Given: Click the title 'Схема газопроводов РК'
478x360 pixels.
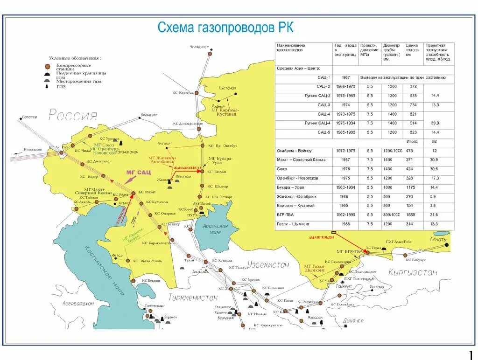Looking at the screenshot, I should [225, 28].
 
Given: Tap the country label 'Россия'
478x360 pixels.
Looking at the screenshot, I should [73, 115].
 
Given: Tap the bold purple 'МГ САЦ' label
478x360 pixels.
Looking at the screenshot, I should [139, 172].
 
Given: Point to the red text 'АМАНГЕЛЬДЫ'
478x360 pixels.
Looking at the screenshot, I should [322, 237].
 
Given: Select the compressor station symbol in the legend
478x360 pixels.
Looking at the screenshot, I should [47, 66].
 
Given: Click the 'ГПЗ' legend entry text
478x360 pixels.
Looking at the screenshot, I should [61, 86].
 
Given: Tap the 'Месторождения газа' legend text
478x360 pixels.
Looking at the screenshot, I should [78, 80].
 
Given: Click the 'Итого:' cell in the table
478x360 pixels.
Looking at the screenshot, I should [412, 141].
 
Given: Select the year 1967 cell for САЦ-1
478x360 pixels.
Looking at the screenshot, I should [345, 77].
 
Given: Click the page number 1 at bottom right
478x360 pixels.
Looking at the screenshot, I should [471, 353].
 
